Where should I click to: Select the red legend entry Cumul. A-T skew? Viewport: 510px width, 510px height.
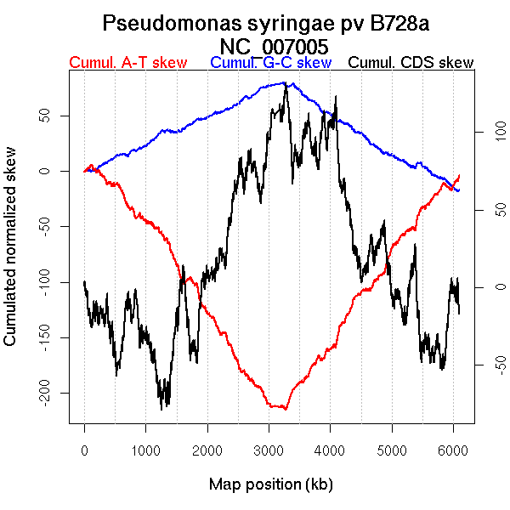[127, 63]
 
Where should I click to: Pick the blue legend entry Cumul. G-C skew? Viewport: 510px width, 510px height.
[270, 63]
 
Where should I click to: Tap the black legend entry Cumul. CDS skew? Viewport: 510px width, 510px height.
[411, 63]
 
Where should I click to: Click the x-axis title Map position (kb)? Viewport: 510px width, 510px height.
[270, 484]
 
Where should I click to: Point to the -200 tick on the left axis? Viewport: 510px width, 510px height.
[42, 393]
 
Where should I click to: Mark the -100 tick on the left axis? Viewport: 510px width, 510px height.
[42, 281]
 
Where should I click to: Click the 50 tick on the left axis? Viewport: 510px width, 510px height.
[42, 115]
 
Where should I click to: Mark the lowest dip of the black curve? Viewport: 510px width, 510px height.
[162, 409]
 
